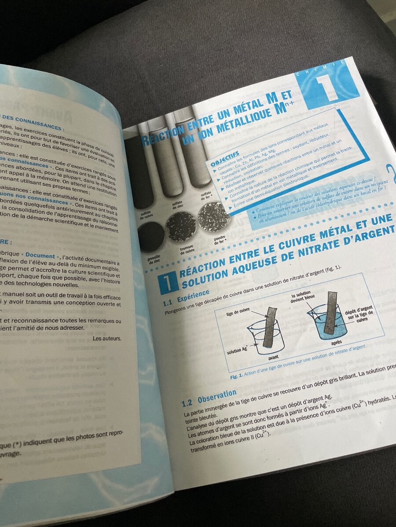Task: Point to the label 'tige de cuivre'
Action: click(238, 313)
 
